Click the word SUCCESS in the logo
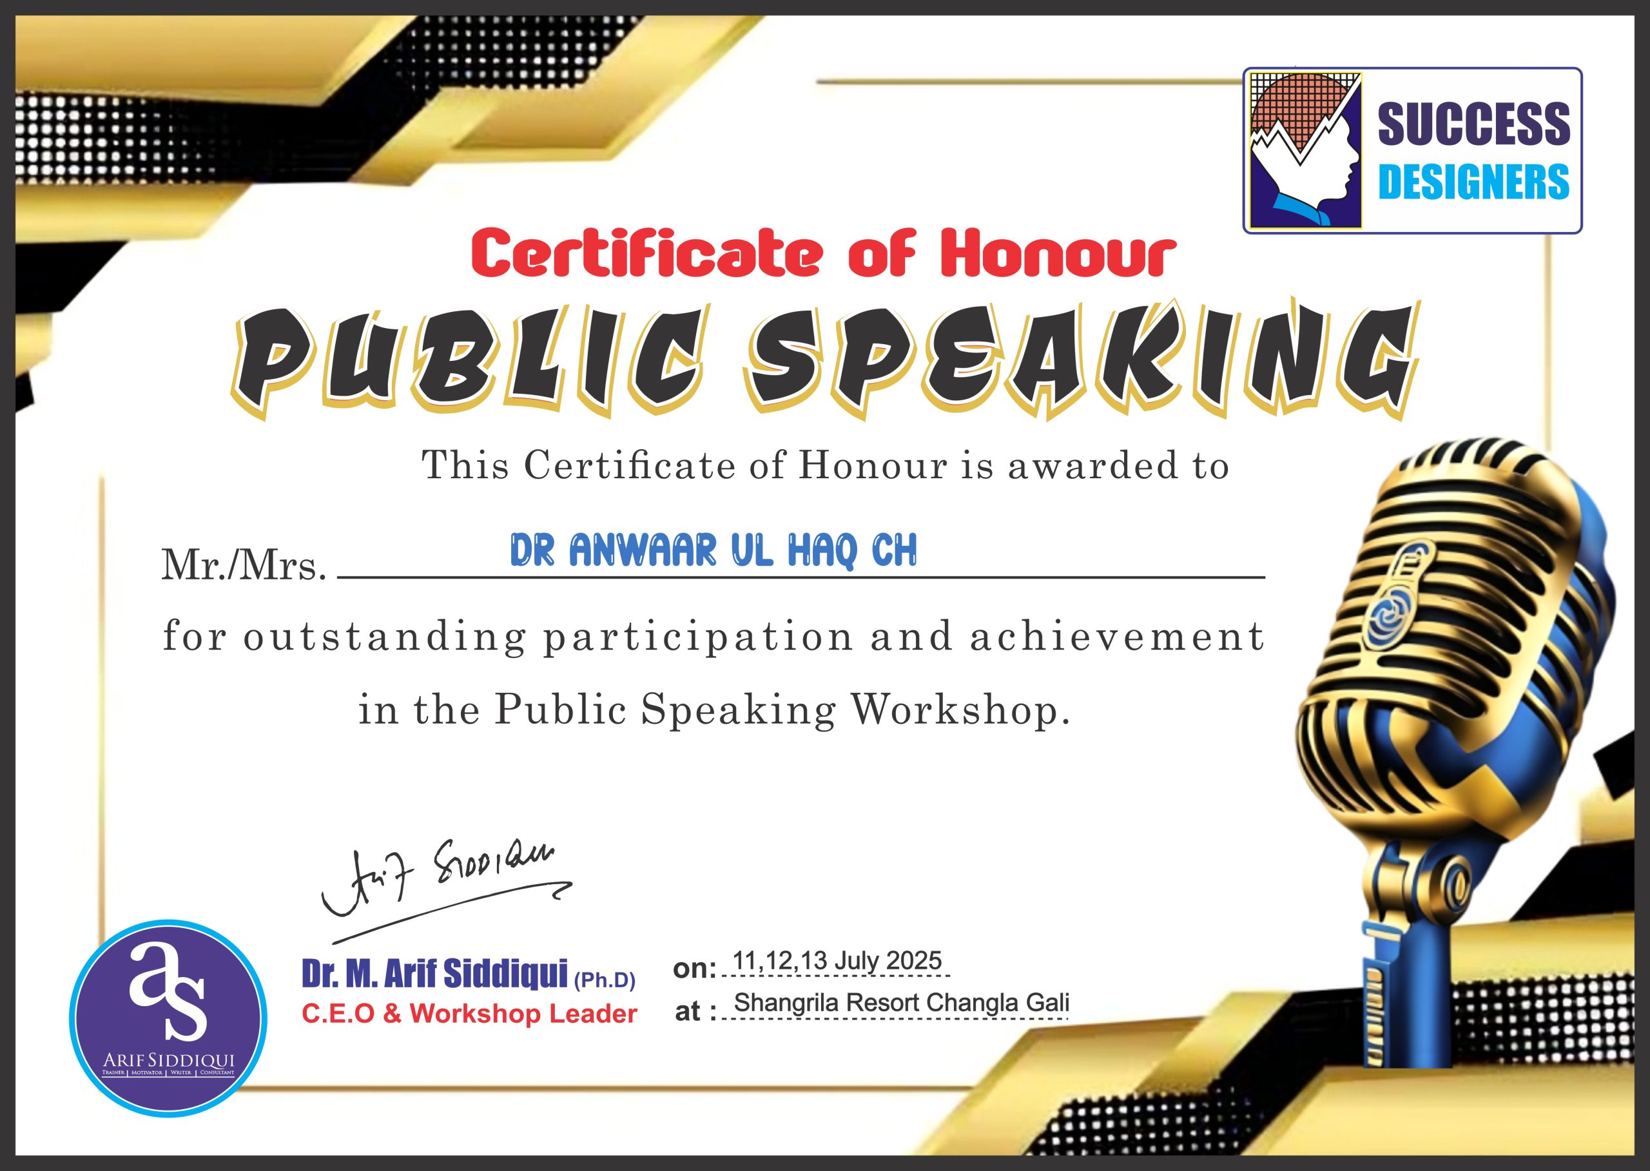point(1473,123)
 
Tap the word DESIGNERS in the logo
point(1473,181)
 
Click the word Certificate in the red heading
point(646,253)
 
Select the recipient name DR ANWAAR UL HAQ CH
point(713,550)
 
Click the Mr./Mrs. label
point(244,565)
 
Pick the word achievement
point(1116,637)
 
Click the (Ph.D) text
point(605,980)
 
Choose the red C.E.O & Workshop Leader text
point(469,1014)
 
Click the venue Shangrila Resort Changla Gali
point(902,1003)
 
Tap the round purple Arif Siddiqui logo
point(169,1018)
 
